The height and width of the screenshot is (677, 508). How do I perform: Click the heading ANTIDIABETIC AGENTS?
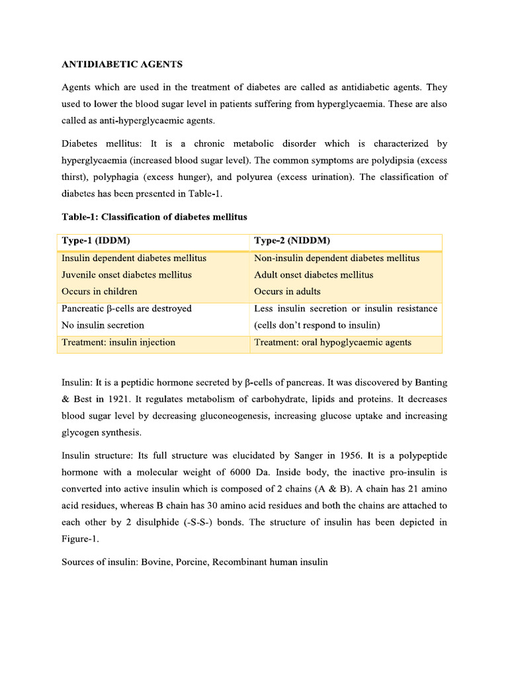click(122, 64)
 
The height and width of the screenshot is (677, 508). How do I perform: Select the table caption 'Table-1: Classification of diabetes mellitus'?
click(154, 217)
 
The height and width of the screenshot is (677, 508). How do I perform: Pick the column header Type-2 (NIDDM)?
click(292, 241)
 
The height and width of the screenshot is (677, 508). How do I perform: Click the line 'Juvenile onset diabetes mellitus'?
click(126, 274)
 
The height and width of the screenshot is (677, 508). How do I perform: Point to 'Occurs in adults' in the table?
click(287, 292)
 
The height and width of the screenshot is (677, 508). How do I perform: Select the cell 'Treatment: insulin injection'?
click(118, 342)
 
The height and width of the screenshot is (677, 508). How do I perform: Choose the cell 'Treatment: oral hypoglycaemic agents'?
click(333, 342)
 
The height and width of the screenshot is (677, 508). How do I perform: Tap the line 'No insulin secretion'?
click(103, 325)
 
